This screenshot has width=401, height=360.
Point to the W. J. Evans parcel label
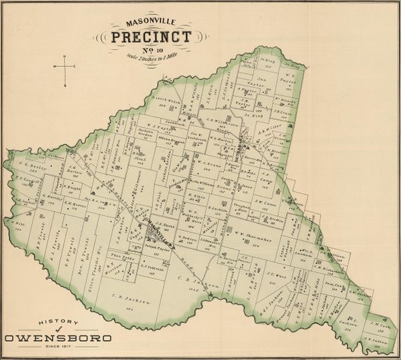[208, 161]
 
